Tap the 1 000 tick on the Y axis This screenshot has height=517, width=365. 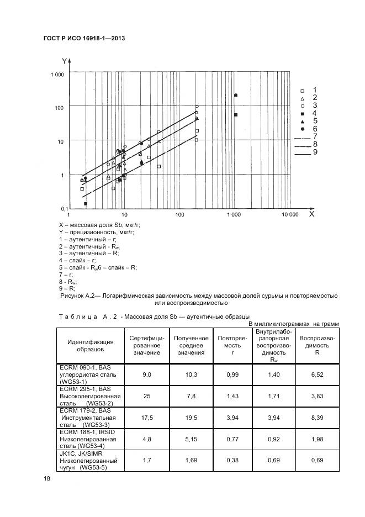[58, 75]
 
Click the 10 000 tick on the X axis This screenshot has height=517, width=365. [290, 214]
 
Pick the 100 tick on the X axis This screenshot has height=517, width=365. [179, 214]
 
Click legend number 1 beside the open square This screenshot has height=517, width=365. [314, 89]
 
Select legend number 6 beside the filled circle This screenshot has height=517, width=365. [314, 128]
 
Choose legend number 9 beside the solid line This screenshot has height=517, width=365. [314, 152]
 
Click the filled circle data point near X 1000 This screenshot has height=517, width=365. [236, 96]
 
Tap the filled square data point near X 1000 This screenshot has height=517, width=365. [236, 115]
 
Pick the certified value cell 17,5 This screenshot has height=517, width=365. [147, 418]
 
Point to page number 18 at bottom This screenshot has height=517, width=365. [47, 479]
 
